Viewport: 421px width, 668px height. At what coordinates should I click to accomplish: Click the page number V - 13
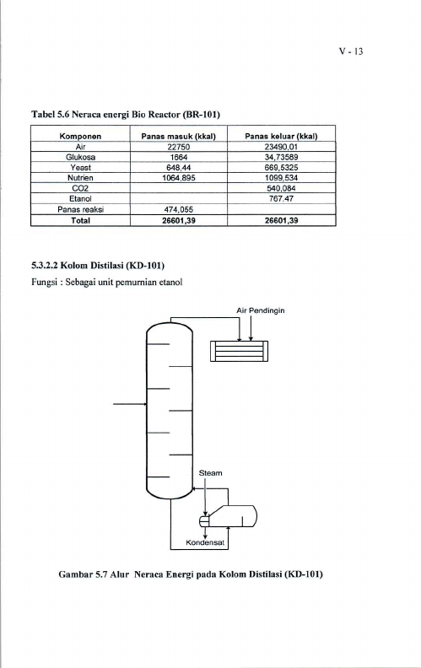pos(351,51)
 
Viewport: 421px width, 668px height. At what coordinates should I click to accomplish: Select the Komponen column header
pos(80,137)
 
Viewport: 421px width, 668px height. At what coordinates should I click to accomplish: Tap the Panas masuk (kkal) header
pos(179,137)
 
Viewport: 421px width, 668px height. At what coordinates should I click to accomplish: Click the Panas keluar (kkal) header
pos(281,137)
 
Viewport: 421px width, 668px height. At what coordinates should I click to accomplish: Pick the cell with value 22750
pos(179,147)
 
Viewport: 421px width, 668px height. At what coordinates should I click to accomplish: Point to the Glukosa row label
pos(80,157)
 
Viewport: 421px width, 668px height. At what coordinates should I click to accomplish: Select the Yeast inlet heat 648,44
pos(179,168)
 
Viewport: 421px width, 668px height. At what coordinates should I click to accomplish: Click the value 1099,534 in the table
pos(281,178)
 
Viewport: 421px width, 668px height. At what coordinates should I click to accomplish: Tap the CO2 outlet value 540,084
pos(282,188)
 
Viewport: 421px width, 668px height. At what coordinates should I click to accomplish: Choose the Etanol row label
pos(80,198)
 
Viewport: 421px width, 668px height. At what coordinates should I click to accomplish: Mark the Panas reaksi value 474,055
pos(179,210)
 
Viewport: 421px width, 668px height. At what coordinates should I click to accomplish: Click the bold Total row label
pos(80,221)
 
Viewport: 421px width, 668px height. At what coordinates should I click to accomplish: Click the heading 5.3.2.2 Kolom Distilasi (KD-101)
pos(98,266)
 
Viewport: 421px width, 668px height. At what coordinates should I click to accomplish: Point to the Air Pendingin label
pos(261,310)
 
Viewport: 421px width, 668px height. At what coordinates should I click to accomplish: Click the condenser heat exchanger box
pos(239,351)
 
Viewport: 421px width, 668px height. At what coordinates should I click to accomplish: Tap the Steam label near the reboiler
pos(211,473)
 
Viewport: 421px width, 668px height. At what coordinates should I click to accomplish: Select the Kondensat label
pos(205,543)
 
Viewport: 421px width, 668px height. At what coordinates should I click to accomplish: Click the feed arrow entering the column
pos(130,403)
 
